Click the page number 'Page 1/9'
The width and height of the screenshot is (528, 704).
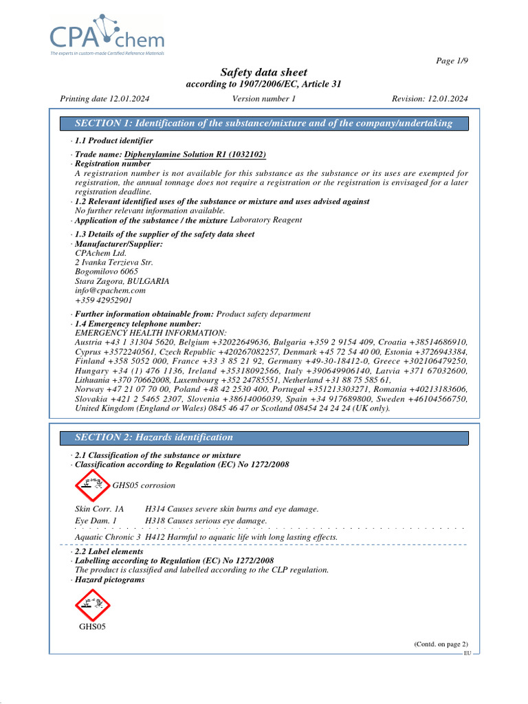coord(452,61)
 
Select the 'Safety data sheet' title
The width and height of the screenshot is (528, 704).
coord(263,72)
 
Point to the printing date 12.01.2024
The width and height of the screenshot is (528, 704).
coord(105,99)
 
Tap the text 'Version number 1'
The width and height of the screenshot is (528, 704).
coord(264,99)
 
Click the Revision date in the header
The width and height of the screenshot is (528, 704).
coord(430,99)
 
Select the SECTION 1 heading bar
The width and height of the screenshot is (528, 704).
coord(264,123)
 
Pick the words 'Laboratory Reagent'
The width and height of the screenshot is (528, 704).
coord(266,220)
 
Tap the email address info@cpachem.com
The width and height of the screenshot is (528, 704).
coord(110,291)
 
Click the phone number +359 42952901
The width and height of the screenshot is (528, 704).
coord(104,300)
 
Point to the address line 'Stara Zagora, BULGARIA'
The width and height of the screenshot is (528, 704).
coord(122,281)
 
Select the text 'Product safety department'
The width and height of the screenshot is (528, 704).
coord(263,314)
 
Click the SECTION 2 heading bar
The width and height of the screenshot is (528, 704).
coord(264,437)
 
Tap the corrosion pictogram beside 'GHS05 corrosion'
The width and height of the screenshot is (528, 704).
coord(91,485)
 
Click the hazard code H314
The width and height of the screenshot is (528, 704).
coord(155,509)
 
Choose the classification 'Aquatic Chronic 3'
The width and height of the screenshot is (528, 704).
coord(108,537)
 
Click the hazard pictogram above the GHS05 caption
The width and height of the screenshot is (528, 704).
coord(92,605)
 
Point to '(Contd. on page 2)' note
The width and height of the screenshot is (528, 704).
coord(440,643)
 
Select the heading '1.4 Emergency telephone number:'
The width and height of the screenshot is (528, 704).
coord(137,324)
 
